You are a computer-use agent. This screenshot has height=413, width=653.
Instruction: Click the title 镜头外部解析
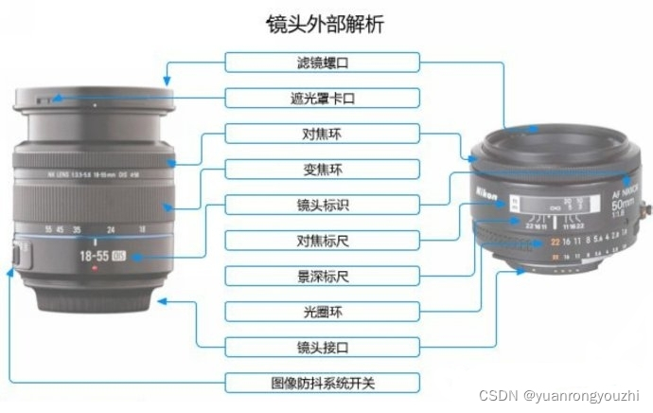tap(325, 23)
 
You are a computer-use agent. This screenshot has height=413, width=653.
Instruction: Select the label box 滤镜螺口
tap(322, 63)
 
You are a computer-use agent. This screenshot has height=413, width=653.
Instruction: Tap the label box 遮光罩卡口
tap(322, 99)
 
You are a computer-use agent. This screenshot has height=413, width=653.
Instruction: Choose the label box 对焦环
tap(322, 134)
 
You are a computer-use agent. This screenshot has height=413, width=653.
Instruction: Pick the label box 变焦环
tap(322, 170)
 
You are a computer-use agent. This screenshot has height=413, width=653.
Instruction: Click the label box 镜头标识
tap(322, 205)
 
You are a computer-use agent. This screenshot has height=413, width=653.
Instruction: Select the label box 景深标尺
tap(322, 276)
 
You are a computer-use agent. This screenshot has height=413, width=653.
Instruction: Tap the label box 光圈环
tap(322, 311)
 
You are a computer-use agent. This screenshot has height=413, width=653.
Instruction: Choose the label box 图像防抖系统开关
tap(322, 383)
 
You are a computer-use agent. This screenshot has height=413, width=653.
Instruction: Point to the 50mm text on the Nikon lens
tap(627, 203)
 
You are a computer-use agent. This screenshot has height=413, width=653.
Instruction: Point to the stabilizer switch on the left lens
tap(19, 254)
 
